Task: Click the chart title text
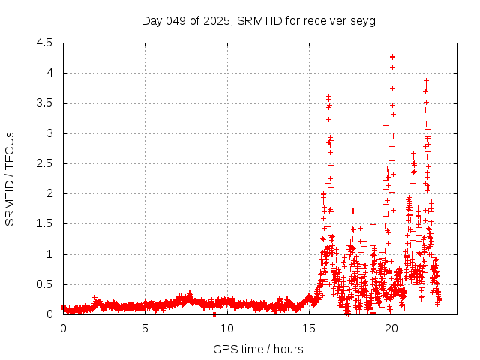point(259,20)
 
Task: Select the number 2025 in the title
point(214,20)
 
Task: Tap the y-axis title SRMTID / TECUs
point(10,178)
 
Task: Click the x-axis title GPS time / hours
point(259,349)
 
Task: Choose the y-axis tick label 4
point(49,73)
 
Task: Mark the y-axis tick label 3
point(49,133)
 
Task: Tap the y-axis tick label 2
point(49,193)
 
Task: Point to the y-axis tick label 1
point(49,254)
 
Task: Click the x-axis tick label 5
point(145,328)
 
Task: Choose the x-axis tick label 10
point(227,328)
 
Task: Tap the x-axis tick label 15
point(309,328)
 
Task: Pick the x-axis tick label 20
point(391,328)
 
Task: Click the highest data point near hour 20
point(392,57)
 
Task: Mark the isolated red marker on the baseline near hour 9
point(214,313)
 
